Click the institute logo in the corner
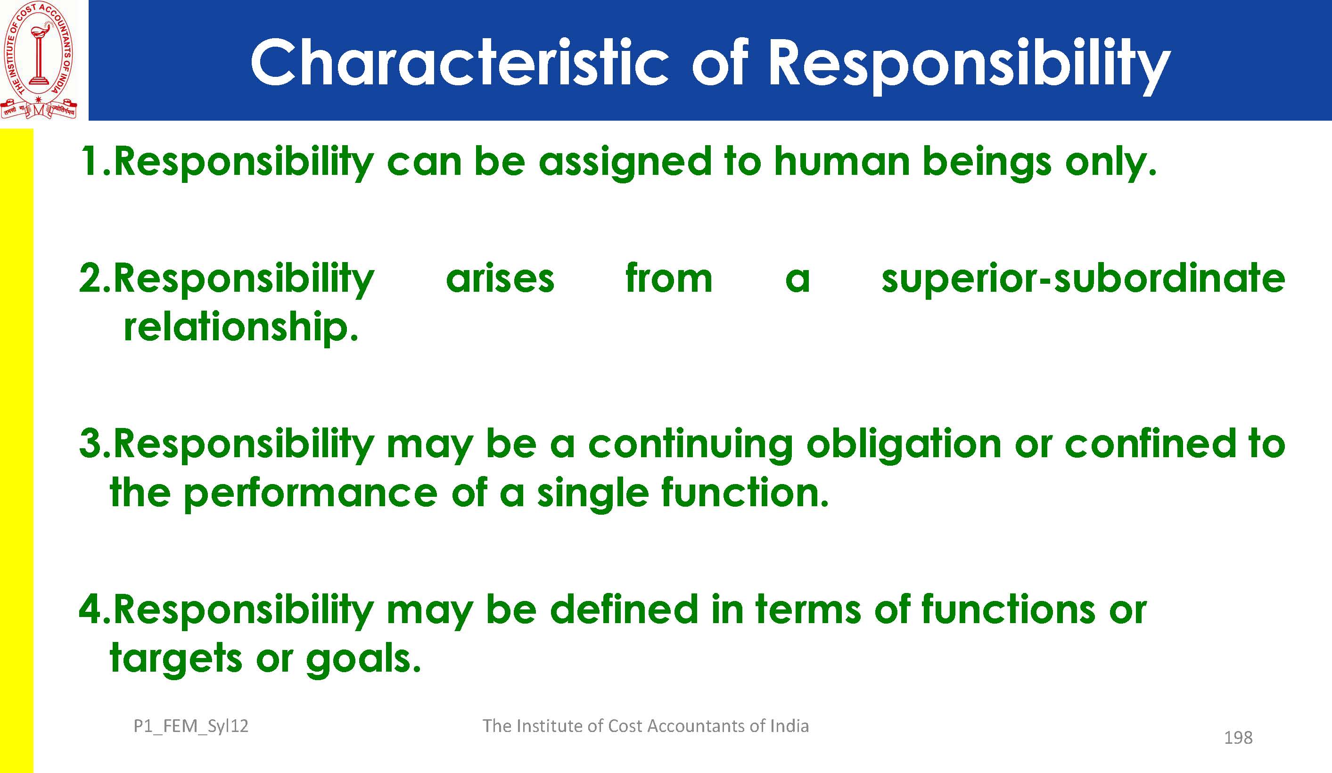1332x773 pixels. (39, 60)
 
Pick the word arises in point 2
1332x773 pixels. (500, 278)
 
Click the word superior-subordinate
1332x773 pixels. (1083, 279)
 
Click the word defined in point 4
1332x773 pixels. (624, 609)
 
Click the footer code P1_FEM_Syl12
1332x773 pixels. (191, 726)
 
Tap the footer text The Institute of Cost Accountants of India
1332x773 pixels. (645, 726)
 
